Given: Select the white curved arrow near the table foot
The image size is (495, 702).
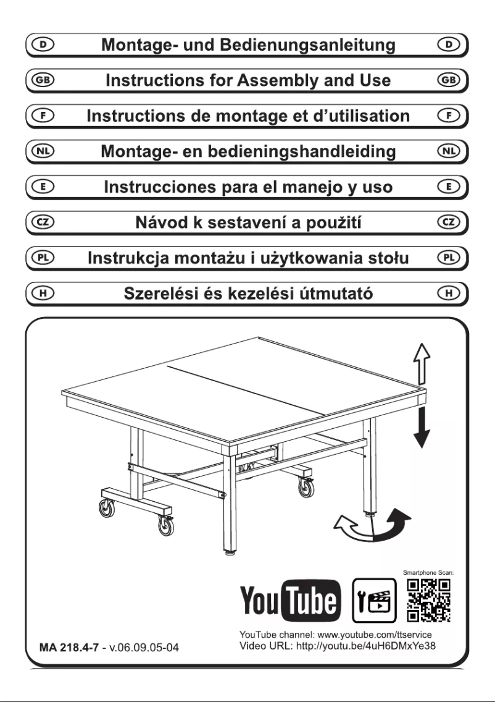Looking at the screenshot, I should click(352, 529).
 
